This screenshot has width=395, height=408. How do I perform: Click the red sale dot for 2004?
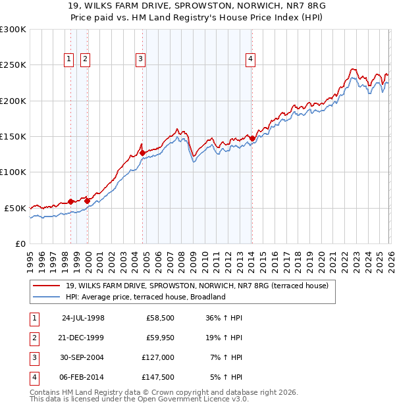tap(143, 153)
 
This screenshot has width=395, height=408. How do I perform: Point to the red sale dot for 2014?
tap(252, 138)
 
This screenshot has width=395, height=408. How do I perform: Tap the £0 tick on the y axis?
tap(20, 243)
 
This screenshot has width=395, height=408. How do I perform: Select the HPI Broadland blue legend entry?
tap(145, 297)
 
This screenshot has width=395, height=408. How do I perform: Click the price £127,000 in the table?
tap(158, 359)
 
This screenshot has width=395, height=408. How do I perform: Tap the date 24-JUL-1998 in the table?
tap(83, 318)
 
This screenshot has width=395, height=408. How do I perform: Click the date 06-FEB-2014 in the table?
tap(83, 378)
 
